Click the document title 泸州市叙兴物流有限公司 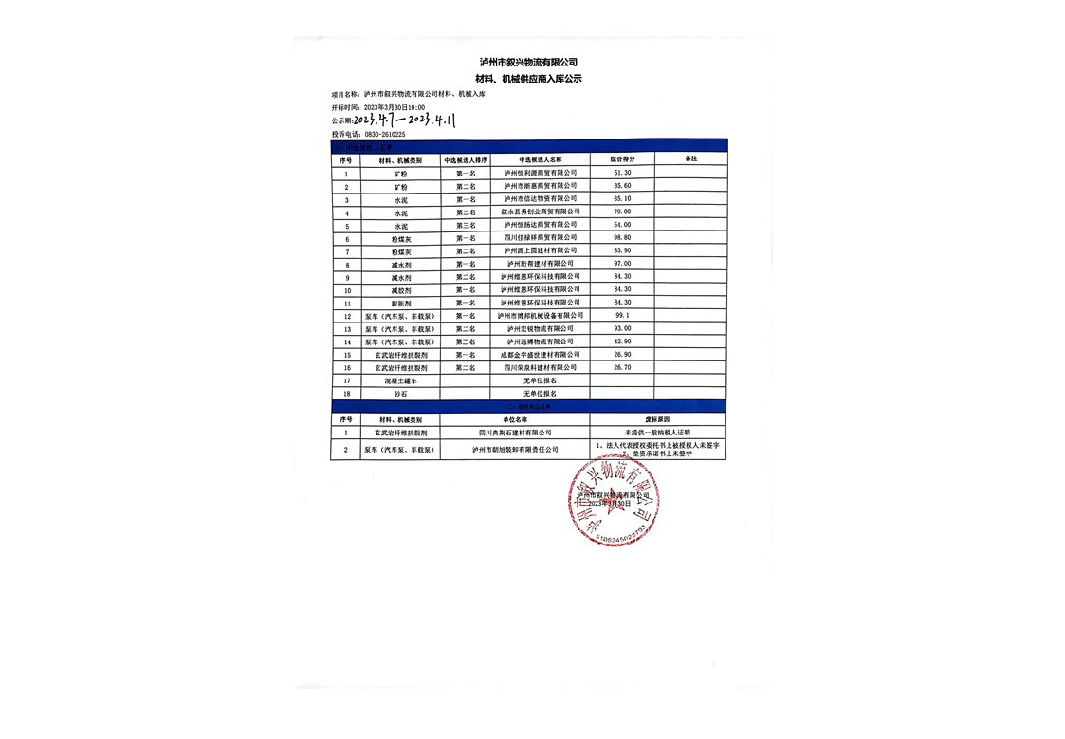coord(530,62)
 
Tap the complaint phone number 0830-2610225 coord(385,135)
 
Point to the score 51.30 coord(622,173)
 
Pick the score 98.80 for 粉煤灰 coord(622,237)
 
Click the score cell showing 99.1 coord(622,315)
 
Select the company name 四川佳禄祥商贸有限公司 coord(540,237)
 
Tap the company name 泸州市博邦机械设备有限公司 coord(540,315)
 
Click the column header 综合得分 coord(622,159)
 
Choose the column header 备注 coord(690,159)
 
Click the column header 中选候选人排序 coord(466,160)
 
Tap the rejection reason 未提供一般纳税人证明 coord(657,433)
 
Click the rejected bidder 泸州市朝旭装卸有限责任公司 coord(515,450)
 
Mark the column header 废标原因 coord(657,418)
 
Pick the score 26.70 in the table coord(622,367)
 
